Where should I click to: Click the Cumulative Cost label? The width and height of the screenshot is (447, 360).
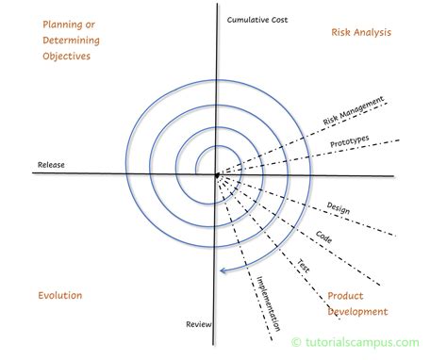pos(257,20)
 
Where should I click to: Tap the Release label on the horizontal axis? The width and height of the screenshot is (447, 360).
pos(51,165)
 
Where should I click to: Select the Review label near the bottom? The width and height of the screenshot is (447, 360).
pos(199,324)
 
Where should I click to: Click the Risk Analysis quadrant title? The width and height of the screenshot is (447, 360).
pos(361,32)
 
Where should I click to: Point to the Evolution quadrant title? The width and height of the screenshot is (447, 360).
pos(60,295)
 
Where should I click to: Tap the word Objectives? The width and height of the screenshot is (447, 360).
pos(67,57)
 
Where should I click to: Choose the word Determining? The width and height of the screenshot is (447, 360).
pos(71,41)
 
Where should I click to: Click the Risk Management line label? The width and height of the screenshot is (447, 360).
pos(354,110)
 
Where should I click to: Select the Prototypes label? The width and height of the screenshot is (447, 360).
pos(350,141)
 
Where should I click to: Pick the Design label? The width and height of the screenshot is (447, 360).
pos(339,208)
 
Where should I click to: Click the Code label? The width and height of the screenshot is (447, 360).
pos(323,237)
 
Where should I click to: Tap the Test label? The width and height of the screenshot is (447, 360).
pos(304,266)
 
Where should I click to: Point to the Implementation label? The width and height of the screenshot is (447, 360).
pos(268,303)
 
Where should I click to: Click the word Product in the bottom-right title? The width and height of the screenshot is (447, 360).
pos(345,296)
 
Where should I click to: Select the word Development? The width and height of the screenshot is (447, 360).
pos(357,312)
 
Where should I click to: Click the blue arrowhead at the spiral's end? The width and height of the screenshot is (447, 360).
pos(223,270)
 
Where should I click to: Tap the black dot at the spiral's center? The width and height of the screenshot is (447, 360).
pos(217,175)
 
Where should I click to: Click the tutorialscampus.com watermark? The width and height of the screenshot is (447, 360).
pos(356,342)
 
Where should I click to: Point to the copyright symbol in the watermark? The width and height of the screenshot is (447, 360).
pos(296,342)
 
